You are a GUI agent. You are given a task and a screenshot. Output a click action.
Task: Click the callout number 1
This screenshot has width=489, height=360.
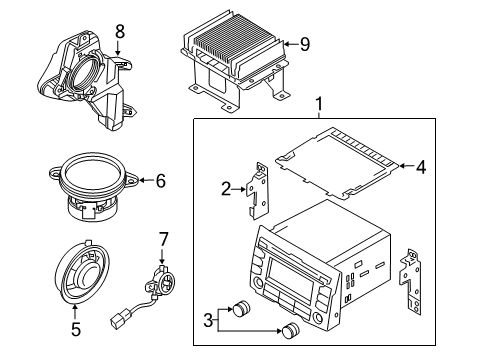320,103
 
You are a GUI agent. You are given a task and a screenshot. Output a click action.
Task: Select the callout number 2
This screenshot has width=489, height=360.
226,186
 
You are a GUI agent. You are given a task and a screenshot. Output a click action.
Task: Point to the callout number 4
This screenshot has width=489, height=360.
421,168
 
